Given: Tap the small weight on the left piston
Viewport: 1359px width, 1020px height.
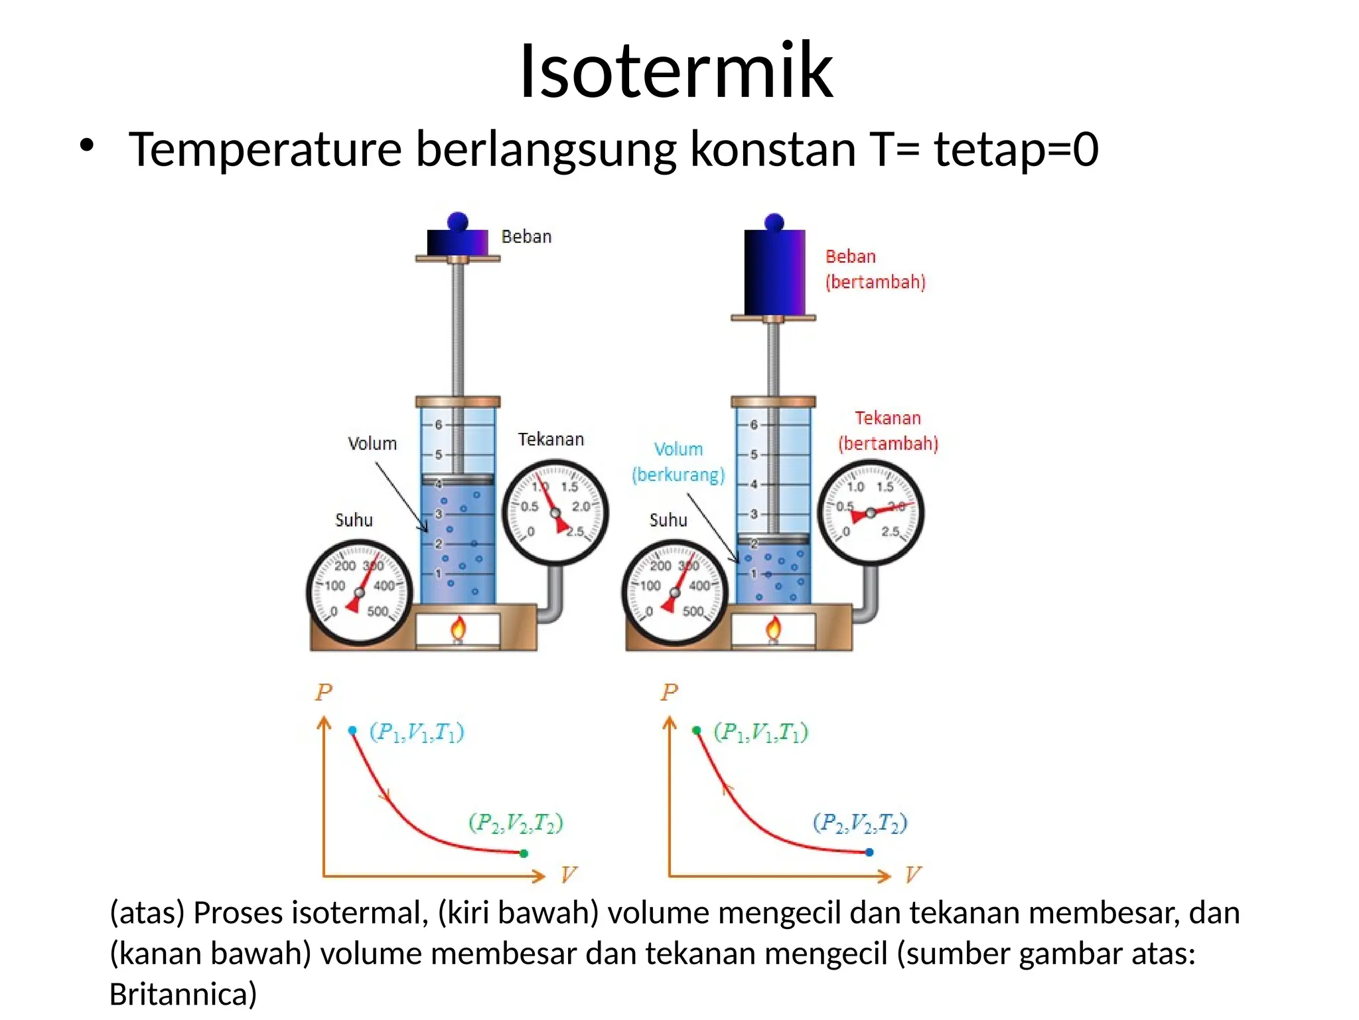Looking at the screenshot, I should click(457, 240).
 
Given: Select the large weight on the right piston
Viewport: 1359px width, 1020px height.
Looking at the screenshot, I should click(774, 271).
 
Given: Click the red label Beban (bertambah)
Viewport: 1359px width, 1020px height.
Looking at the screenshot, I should click(875, 269).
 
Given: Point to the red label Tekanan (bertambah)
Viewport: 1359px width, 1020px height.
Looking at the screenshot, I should click(888, 430).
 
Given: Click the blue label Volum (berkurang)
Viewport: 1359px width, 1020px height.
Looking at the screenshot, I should click(678, 462).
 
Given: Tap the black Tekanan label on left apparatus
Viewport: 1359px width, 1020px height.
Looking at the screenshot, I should click(551, 439).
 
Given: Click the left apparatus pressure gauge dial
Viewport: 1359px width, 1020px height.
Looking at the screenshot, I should click(555, 512).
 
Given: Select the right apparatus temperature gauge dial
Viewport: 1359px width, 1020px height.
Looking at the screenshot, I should click(675, 592).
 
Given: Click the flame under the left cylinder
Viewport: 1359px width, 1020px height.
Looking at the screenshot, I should click(458, 628).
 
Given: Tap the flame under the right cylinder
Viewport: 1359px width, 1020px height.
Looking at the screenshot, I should click(773, 628).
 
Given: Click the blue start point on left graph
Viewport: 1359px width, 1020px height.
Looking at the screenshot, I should click(352, 730).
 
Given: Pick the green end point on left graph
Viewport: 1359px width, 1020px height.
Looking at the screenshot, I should click(524, 853).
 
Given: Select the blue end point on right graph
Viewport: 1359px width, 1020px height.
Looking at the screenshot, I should click(869, 852).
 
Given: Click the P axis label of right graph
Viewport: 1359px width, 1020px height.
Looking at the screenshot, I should click(670, 692).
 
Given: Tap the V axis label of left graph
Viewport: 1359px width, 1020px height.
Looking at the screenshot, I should click(568, 874).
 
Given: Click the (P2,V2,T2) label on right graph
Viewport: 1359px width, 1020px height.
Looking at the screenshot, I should click(859, 823).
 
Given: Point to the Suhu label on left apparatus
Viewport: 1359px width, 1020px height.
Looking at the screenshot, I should click(354, 519).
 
